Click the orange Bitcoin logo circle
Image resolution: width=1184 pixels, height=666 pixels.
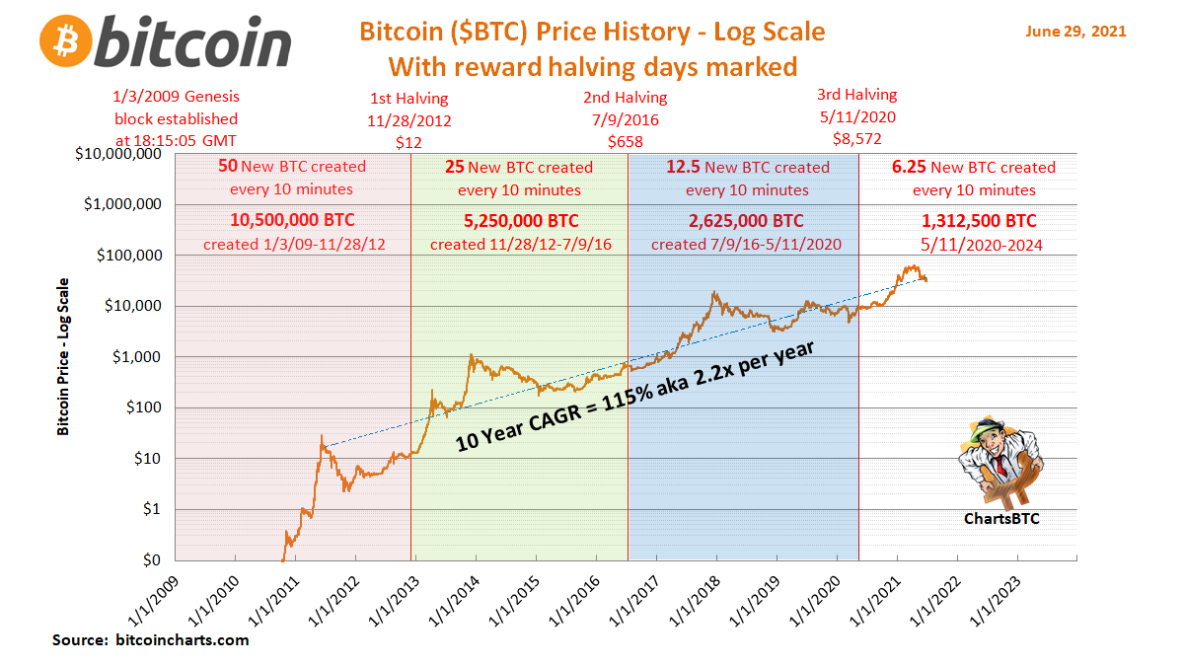click(x=67, y=41)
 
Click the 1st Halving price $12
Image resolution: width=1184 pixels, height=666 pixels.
click(x=408, y=141)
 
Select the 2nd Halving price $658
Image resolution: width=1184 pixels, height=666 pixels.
click(x=626, y=141)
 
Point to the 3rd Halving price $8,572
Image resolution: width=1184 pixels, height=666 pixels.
click(x=856, y=138)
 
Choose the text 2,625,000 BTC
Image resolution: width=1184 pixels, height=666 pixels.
click(x=746, y=221)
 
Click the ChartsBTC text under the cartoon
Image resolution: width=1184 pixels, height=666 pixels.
click(x=1000, y=518)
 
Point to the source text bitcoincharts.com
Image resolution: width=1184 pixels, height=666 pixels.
click(x=182, y=640)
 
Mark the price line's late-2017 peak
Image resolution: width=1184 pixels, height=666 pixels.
click(x=712, y=292)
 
